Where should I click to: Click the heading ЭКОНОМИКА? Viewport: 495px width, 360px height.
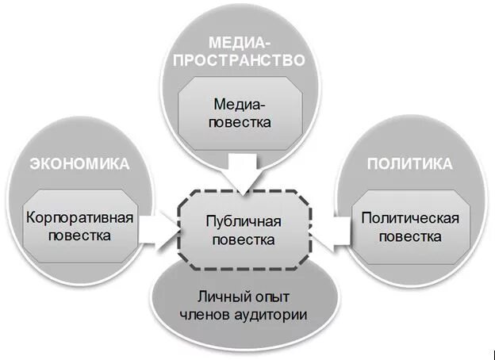(x=79, y=164)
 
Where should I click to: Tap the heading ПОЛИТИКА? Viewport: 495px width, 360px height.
(x=409, y=164)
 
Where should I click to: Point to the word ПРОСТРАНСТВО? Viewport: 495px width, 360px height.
(x=240, y=59)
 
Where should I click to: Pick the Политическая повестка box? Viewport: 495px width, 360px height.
(x=410, y=226)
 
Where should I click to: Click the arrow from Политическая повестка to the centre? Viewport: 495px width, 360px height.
(x=328, y=228)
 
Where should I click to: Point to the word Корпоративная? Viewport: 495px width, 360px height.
(x=78, y=216)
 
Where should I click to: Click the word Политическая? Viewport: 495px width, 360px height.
(x=410, y=216)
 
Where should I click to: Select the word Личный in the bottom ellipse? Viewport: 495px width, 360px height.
(x=219, y=298)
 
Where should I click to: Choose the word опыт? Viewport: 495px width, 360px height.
(x=268, y=298)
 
